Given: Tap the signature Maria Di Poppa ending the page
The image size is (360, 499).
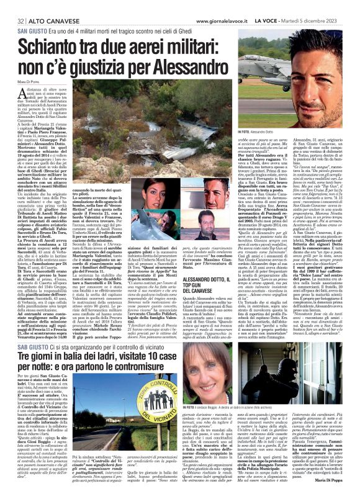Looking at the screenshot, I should (x=343, y=480).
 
